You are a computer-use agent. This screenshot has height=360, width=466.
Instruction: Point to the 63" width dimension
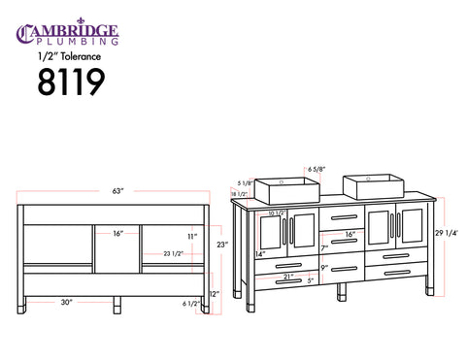tap(118, 191)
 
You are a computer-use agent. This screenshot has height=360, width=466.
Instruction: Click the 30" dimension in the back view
tap(67, 302)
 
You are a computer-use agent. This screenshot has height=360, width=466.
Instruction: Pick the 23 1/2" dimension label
tap(174, 253)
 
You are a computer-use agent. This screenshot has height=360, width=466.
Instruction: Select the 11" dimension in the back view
tap(191, 236)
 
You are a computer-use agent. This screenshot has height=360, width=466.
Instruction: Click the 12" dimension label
tap(214, 293)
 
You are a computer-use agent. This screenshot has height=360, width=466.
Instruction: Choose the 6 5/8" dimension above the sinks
tap(316, 170)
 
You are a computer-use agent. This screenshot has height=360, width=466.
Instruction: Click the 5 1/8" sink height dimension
tap(245, 182)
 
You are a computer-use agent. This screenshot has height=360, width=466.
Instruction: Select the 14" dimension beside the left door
tap(260, 254)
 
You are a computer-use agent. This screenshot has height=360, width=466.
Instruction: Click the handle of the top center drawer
tap(345, 216)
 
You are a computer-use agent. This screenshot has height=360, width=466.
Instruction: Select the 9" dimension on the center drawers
tap(324, 268)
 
